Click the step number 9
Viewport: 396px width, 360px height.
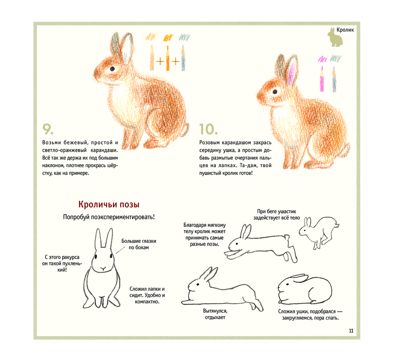coord(48,129)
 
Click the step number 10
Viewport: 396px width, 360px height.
coord(208,129)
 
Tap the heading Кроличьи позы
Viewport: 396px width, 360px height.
coord(109,204)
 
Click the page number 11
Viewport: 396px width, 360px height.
coord(351,331)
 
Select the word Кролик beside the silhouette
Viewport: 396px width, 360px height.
coord(345,30)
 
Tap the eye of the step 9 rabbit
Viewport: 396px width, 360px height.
coord(112,69)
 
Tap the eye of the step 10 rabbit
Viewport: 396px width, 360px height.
coord(275,92)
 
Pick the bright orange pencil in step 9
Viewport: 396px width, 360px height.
coord(168,58)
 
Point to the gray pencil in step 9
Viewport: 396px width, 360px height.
coord(183,58)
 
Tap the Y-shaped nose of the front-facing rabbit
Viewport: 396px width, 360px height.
coord(103,269)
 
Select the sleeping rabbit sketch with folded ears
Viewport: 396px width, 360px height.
coord(305,289)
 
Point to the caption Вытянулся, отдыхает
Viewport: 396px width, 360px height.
coord(215,314)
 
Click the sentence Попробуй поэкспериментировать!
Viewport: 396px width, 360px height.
coord(109,217)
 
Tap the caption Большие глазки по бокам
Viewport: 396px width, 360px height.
coord(139,244)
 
